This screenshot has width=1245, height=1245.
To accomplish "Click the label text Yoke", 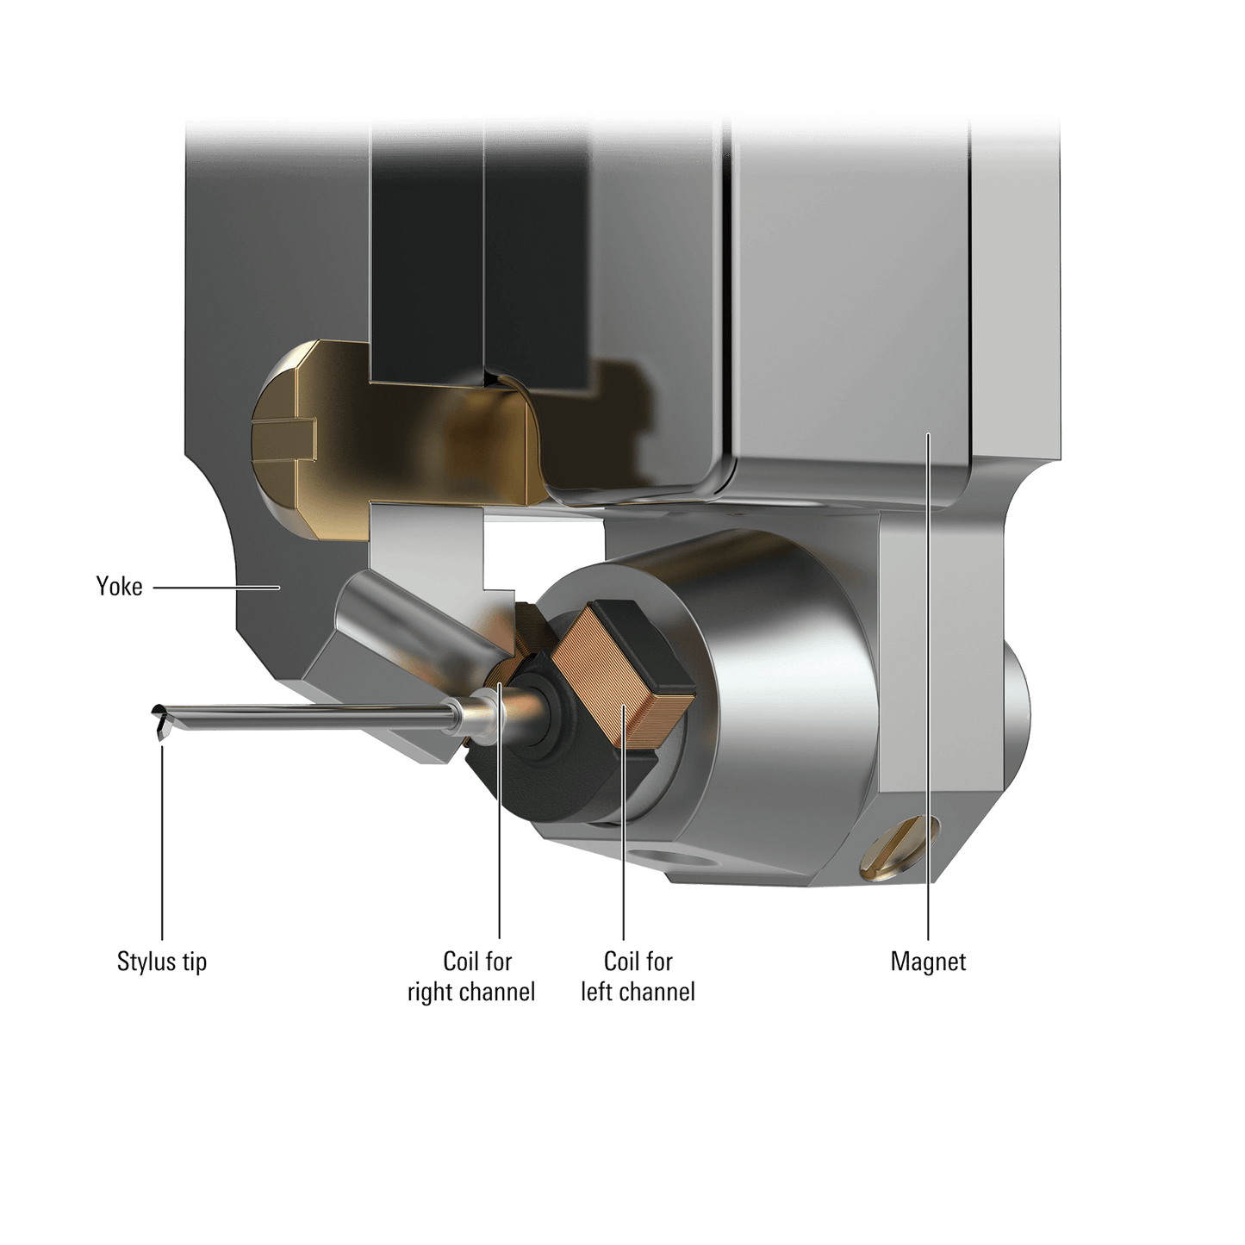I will [x=119, y=587].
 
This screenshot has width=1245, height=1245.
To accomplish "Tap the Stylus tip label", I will [x=162, y=961].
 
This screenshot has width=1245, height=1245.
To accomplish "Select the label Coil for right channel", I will [x=472, y=976].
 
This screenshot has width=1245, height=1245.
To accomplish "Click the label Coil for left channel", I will [x=638, y=976].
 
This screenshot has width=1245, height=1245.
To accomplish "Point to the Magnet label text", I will [x=928, y=962].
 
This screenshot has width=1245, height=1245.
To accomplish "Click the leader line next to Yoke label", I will [x=215, y=588].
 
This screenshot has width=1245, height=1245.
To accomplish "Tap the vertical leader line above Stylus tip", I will [x=162, y=844].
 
